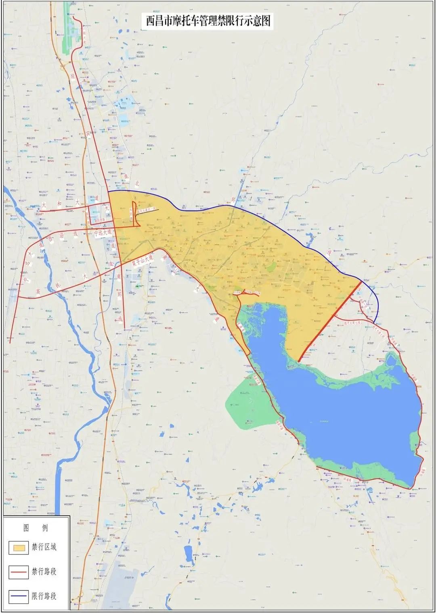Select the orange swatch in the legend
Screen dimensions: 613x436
coord(19,548)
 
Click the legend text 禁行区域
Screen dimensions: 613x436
coord(44,547)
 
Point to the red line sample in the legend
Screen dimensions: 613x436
coord(19,572)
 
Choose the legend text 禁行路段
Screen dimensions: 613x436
coord(44,572)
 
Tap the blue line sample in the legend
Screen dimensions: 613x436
coord(19,596)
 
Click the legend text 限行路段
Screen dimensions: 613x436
coord(44,596)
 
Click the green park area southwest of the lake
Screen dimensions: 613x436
coord(246,403)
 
